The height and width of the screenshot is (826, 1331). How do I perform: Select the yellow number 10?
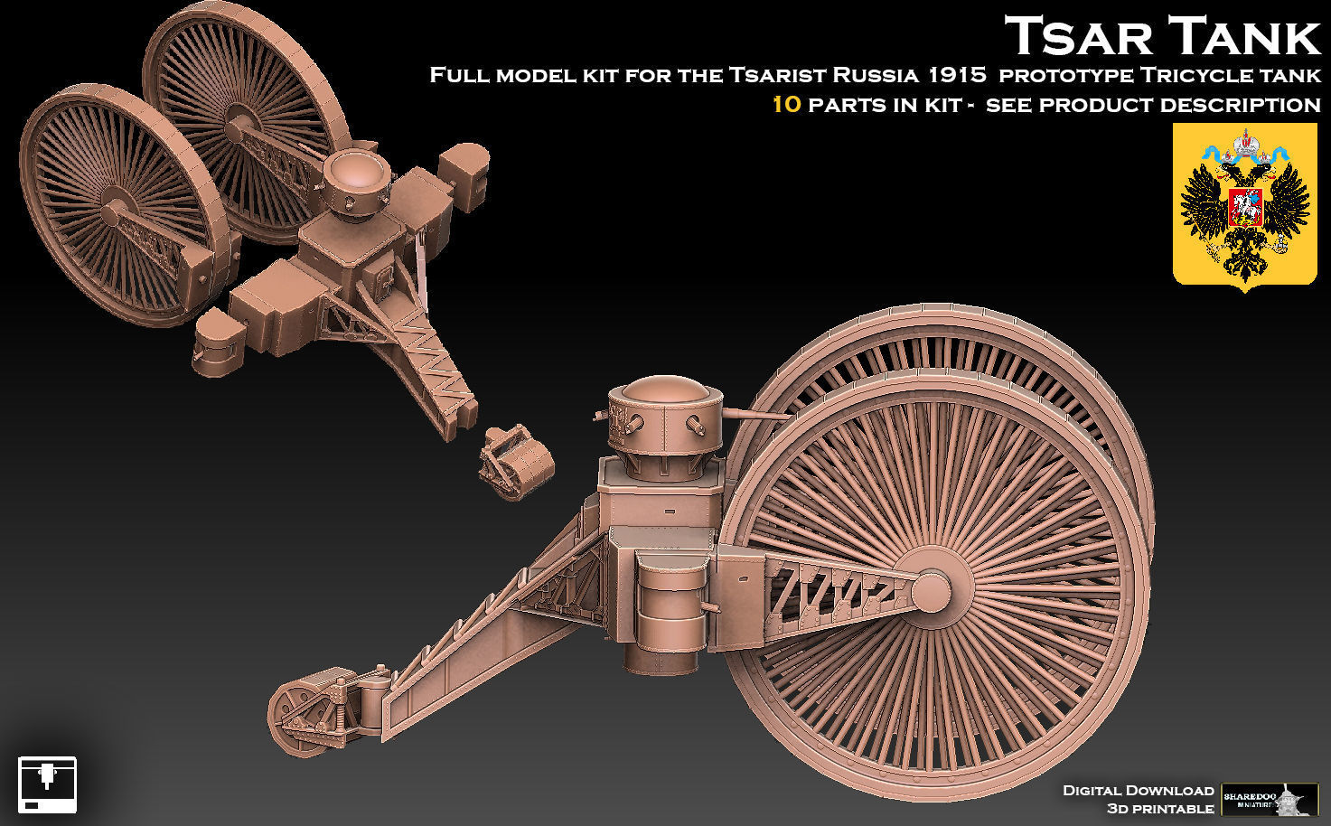[786, 104]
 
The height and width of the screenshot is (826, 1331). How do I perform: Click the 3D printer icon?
[47, 784]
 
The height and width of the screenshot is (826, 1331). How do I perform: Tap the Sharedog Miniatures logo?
[1269, 799]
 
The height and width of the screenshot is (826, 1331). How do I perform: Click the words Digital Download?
[1138, 791]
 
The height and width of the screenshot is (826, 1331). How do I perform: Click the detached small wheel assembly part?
[516, 462]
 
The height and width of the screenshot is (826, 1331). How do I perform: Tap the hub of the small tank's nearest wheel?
[118, 213]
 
